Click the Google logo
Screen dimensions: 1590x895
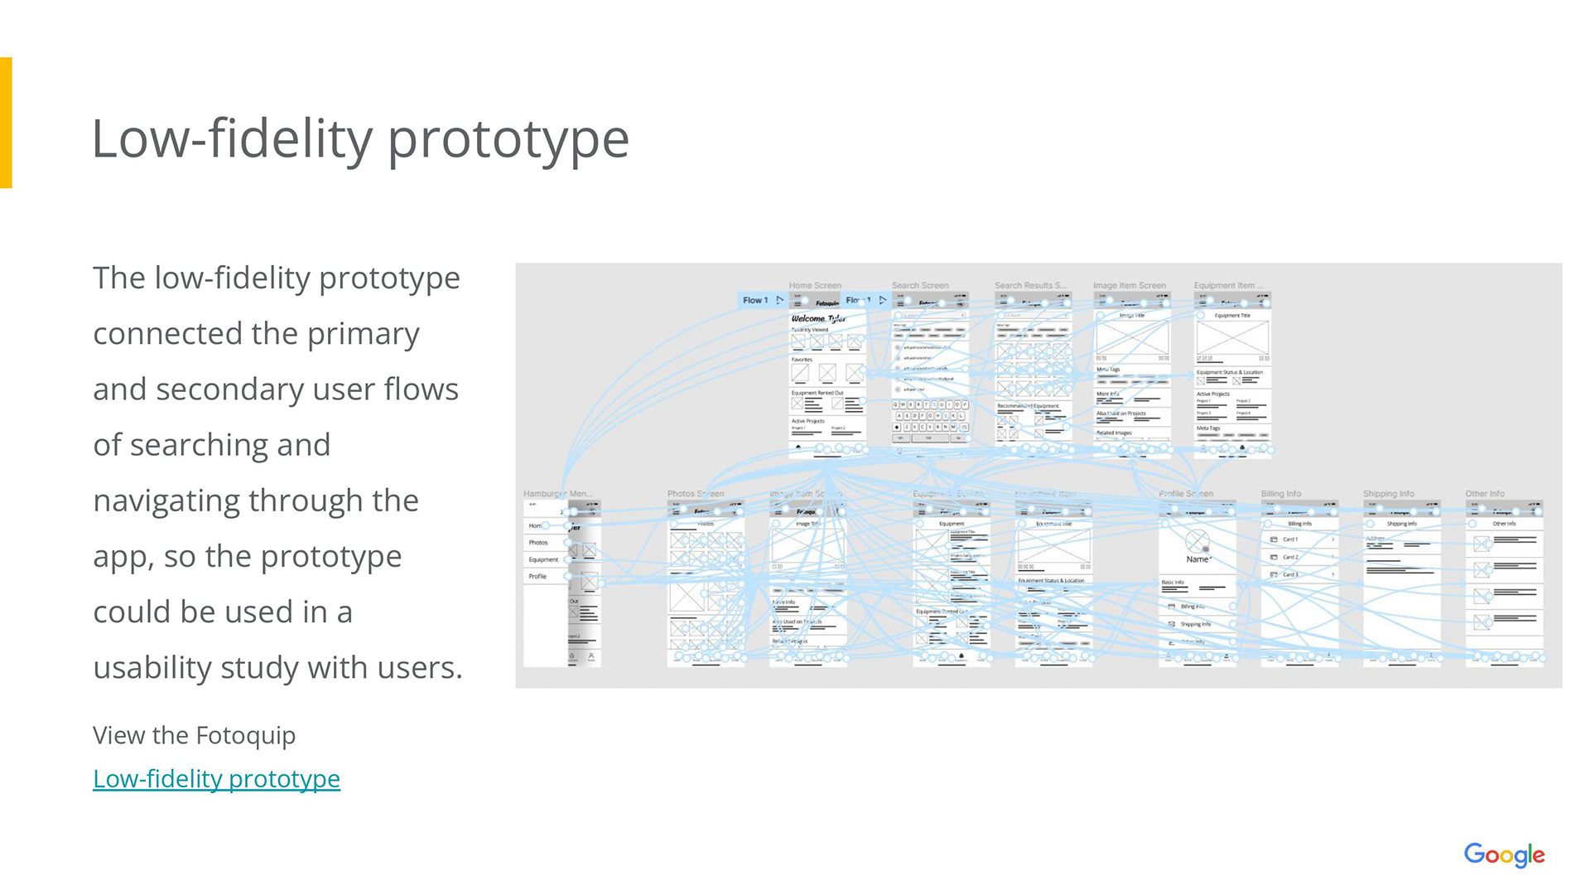point(1504,854)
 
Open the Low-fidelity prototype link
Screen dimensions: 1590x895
point(216,779)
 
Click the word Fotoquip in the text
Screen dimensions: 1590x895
point(245,735)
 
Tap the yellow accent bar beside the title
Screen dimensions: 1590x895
point(6,123)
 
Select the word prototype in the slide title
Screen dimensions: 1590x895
point(508,138)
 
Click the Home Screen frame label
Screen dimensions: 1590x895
point(815,285)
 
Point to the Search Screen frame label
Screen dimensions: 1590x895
point(919,285)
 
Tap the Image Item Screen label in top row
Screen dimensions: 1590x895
point(1129,285)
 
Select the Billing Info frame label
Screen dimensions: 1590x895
point(1280,494)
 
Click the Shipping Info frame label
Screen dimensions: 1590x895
point(1388,494)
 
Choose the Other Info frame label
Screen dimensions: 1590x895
point(1484,494)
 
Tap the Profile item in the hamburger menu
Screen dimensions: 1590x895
point(537,576)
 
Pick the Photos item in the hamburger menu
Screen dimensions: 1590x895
point(538,543)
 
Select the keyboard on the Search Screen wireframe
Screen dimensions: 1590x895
point(930,416)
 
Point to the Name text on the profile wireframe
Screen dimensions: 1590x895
point(1197,559)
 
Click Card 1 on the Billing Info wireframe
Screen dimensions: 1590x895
point(1289,539)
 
